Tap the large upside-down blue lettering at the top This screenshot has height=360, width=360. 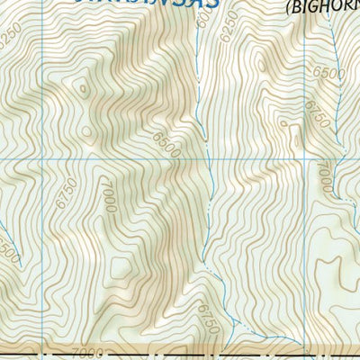click(x=144, y=4)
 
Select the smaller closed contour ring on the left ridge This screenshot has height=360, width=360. click(x=84, y=88)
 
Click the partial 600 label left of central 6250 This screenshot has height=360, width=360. click(x=199, y=36)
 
